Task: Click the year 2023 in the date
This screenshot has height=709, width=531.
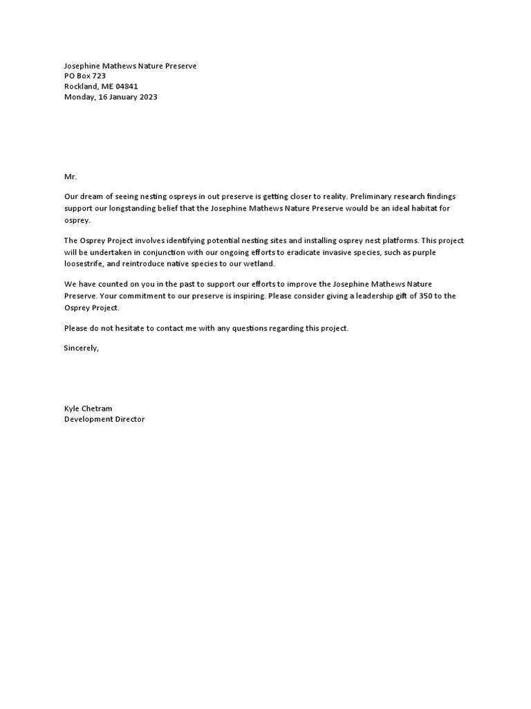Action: click(148, 97)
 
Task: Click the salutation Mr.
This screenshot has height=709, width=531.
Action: click(71, 177)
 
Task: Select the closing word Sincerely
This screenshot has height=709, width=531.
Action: click(80, 348)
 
